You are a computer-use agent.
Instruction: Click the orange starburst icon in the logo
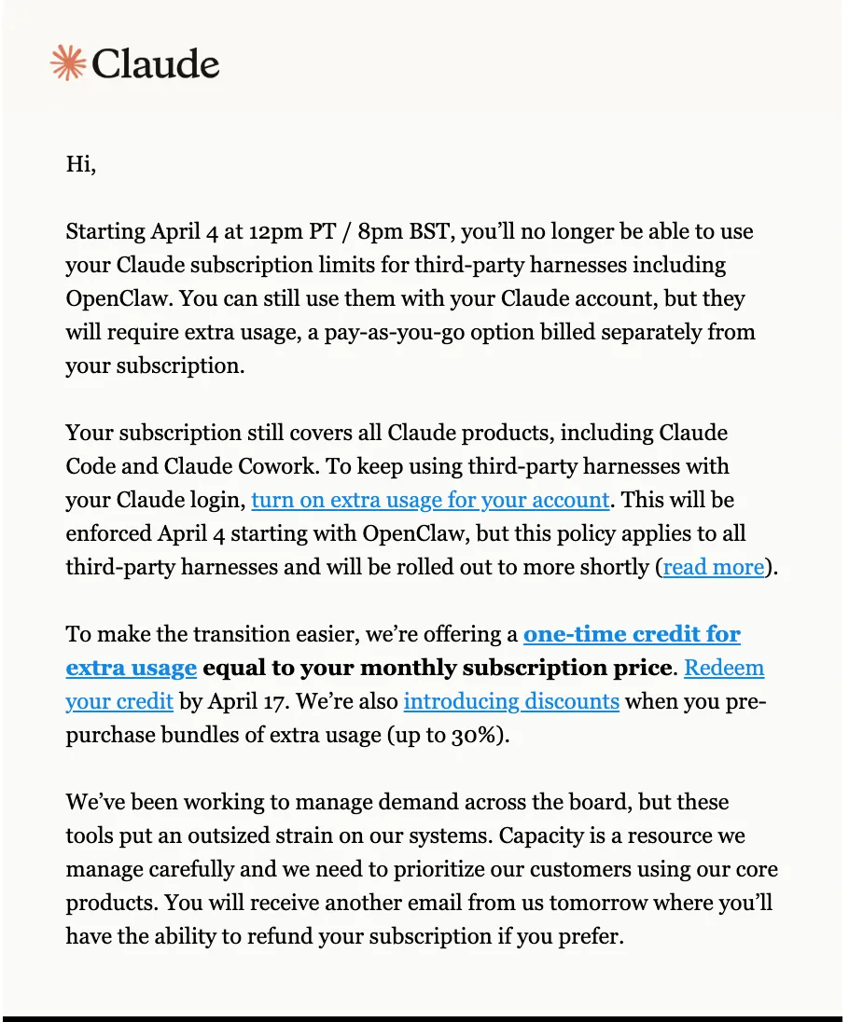pos(67,62)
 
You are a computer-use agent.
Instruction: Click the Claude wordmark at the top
pos(156,63)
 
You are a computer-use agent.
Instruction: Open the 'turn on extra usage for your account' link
pos(430,500)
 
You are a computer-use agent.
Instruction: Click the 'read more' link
pos(714,567)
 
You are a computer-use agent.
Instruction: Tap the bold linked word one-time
pos(573,634)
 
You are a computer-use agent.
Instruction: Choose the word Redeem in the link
pos(724,668)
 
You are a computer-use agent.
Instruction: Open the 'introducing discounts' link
pos(511,701)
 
